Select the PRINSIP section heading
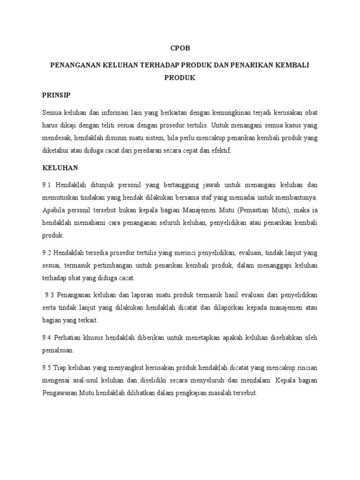pyautogui.click(x=56, y=95)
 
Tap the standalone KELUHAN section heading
pyautogui.click(x=60, y=167)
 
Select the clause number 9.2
pyautogui.click(x=48, y=253)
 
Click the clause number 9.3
pyautogui.click(x=51, y=295)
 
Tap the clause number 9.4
pyautogui.click(x=49, y=337)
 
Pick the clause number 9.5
pyautogui.click(x=48, y=367)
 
